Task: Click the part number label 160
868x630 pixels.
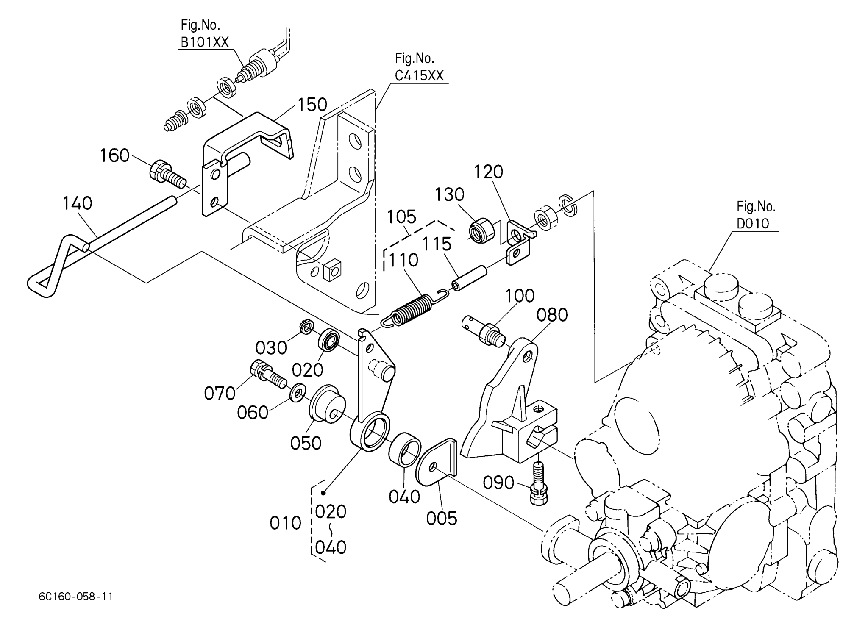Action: click(114, 155)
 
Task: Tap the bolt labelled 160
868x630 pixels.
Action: click(167, 174)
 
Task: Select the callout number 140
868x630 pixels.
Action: click(77, 203)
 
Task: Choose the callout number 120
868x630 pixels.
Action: click(488, 172)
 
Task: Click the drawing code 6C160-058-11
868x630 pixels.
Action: click(75, 597)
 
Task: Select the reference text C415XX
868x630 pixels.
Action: click(419, 75)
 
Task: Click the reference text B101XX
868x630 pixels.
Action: click(205, 42)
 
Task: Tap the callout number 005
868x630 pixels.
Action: click(442, 518)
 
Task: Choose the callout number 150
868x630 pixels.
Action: click(312, 105)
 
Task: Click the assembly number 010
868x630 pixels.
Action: click(286, 524)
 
